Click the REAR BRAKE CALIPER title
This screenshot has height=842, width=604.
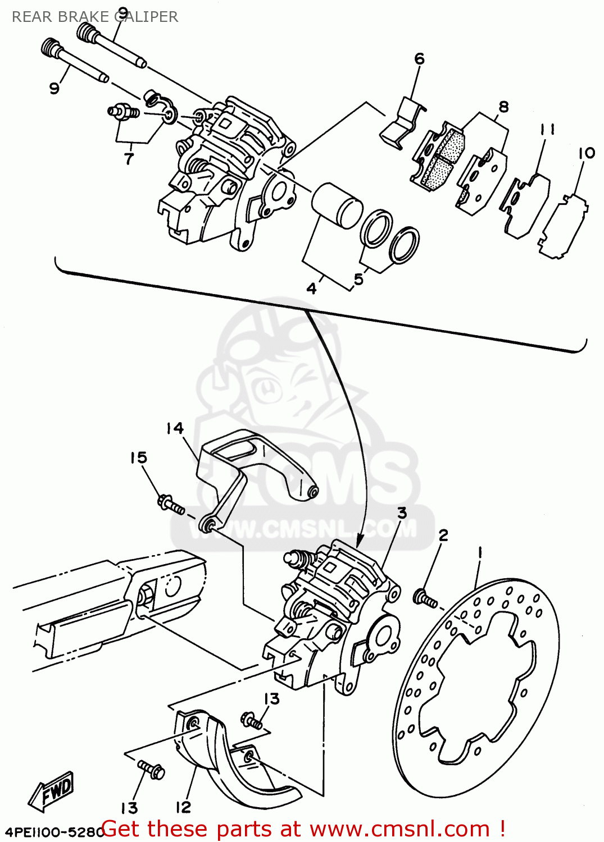(94, 17)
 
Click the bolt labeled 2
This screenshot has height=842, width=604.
(425, 598)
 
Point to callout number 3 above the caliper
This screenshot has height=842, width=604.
(402, 513)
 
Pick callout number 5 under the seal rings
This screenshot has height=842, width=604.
(358, 279)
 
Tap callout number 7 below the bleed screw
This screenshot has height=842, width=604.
(129, 159)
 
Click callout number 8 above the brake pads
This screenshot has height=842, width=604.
(503, 107)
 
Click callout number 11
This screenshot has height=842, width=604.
(547, 129)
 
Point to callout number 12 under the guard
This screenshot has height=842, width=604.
(183, 807)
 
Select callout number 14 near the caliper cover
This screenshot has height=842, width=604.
(175, 428)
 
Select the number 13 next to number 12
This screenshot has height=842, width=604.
(129, 808)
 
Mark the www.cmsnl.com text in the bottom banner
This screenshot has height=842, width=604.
(399, 829)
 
